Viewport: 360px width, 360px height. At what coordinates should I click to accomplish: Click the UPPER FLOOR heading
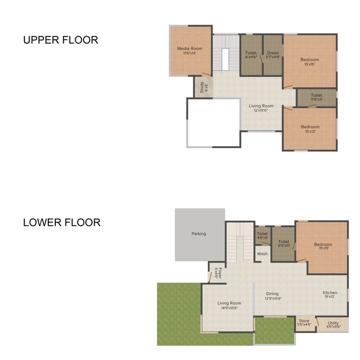[60, 40]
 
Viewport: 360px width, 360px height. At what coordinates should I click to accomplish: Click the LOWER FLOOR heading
[61, 222]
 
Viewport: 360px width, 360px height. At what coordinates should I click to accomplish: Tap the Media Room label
[189, 51]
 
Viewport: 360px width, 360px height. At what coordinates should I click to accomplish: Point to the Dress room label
[273, 55]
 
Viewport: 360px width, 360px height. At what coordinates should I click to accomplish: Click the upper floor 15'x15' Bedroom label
[309, 62]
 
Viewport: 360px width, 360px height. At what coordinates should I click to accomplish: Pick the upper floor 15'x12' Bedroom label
[310, 129]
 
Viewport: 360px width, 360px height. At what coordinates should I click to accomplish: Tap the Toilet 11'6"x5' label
[316, 97]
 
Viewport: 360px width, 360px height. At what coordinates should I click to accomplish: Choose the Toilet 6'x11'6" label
[251, 55]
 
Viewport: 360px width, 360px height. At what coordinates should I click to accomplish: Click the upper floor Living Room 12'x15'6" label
[261, 108]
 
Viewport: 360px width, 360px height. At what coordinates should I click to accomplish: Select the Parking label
[199, 233]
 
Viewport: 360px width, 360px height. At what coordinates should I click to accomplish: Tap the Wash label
[262, 254]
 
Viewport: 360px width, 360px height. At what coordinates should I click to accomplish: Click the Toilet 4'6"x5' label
[262, 235]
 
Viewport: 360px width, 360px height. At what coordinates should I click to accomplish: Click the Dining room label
[273, 296]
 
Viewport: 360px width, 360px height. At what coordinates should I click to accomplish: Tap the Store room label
[304, 322]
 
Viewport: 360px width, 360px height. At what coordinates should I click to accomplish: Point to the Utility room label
[333, 324]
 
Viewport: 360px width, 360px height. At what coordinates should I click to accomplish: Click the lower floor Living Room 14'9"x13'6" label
[229, 305]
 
